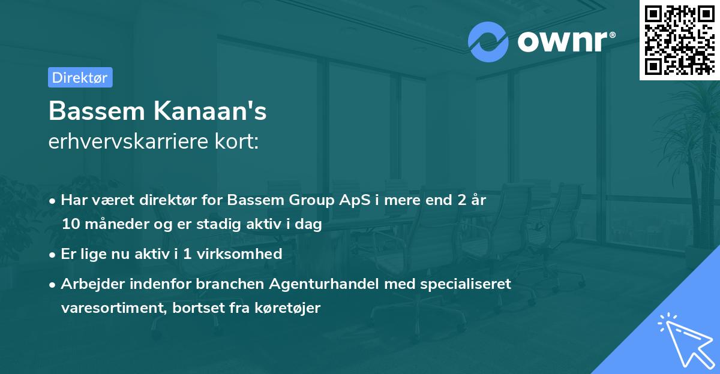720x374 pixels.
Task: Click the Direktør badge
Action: point(80,77)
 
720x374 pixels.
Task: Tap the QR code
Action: point(680,40)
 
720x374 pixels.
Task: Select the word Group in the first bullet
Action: point(302,200)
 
